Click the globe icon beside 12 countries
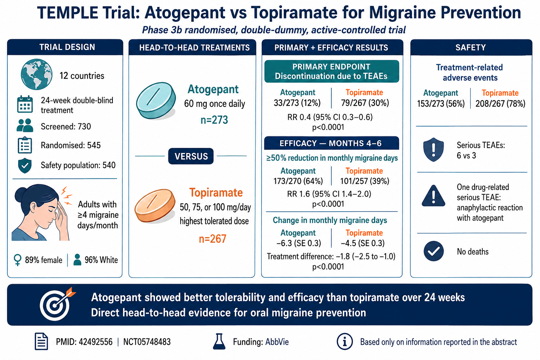37,74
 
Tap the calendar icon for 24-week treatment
25,104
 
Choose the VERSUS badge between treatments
191,156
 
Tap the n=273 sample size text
214,120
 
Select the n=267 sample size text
212,239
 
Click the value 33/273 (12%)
297,103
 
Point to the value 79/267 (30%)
365,103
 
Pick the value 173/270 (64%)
298,181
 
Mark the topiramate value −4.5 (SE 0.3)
362,243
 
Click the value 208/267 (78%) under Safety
500,104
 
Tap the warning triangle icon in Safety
433,196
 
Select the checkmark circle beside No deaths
433,251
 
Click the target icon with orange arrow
57,304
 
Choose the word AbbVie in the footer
277,342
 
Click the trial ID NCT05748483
147,342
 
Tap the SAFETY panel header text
471,47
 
